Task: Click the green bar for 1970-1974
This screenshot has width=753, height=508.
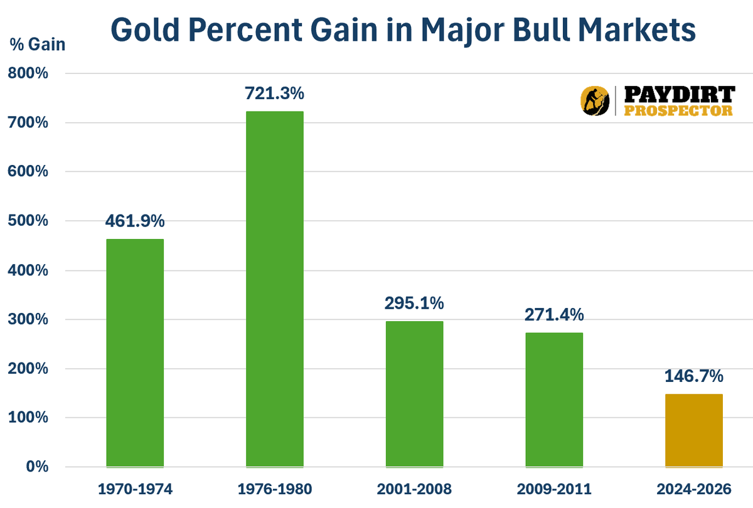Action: (135, 353)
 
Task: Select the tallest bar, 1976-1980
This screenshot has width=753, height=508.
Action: (274, 289)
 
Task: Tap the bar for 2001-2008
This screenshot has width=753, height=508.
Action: (414, 394)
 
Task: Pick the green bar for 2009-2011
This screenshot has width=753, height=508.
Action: (554, 400)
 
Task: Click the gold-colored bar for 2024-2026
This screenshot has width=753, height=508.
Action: (694, 430)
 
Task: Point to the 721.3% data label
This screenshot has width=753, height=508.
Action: (274, 93)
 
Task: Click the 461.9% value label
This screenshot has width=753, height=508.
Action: (135, 221)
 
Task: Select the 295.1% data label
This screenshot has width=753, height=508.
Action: (414, 304)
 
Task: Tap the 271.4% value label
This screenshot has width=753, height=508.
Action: (554, 315)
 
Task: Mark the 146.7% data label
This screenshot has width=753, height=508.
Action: (694, 376)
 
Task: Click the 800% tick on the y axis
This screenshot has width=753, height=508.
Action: (28, 73)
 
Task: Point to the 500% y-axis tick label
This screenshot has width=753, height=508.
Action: (28, 221)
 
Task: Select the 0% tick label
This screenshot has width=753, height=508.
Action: (36, 467)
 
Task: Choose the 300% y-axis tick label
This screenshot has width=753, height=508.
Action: (28, 320)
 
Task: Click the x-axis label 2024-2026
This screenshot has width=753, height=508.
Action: (694, 489)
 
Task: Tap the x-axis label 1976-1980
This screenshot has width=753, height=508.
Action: (274, 489)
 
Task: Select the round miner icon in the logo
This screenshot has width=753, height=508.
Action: (593, 101)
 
